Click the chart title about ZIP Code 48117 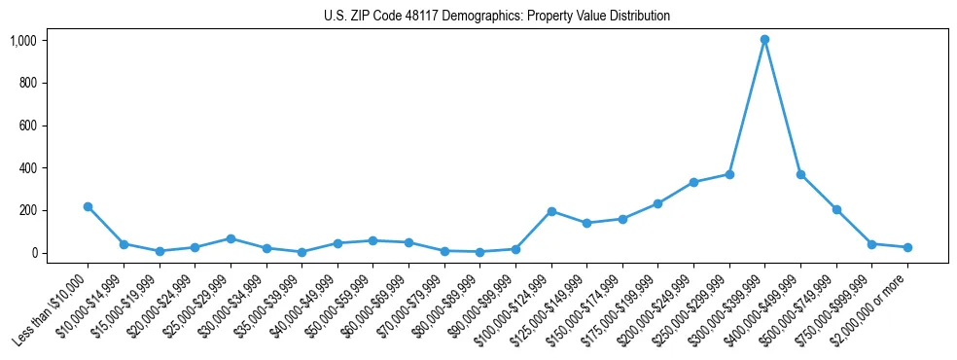(497, 16)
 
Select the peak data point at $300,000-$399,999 (764, 40)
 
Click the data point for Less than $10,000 (88, 206)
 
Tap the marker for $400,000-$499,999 (800, 174)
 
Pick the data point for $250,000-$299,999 (729, 174)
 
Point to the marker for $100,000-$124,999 (551, 211)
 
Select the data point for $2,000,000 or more (907, 247)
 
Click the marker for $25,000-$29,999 (230, 238)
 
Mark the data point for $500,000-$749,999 (836, 209)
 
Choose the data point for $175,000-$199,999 (658, 203)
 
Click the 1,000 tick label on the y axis (23, 41)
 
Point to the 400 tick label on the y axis (28, 168)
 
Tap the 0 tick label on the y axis (34, 253)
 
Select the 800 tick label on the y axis (28, 83)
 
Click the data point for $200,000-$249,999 (693, 182)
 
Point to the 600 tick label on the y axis (28, 126)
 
